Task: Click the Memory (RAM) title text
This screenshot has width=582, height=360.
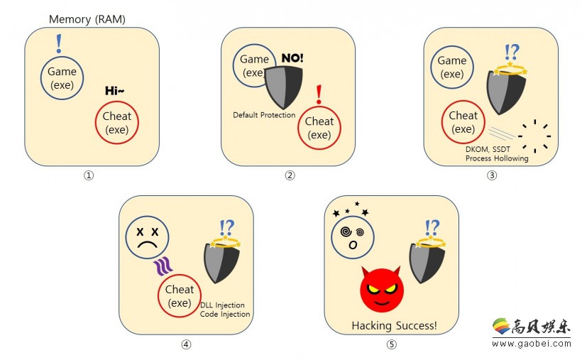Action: click(x=87, y=19)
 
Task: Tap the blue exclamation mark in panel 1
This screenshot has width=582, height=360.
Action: click(x=59, y=44)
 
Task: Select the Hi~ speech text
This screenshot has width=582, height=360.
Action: click(x=115, y=91)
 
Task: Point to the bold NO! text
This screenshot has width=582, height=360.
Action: click(x=292, y=58)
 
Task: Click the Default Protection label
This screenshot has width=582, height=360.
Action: click(x=264, y=115)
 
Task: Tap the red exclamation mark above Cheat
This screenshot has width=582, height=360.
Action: click(x=319, y=94)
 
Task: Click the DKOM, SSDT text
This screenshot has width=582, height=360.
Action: click(x=488, y=149)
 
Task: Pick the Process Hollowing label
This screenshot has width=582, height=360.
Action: click(x=497, y=158)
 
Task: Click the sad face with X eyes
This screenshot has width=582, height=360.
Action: click(x=148, y=237)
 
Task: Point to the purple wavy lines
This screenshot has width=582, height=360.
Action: click(x=163, y=266)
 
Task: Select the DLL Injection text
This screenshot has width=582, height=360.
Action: click(x=222, y=305)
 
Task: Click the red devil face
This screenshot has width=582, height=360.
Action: click(x=382, y=289)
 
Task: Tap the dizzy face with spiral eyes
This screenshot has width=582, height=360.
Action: click(x=353, y=237)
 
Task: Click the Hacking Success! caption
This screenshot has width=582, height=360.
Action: click(x=394, y=326)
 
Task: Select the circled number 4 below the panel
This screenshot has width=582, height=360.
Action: click(x=186, y=344)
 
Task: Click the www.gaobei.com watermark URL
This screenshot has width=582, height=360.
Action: click(x=532, y=344)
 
